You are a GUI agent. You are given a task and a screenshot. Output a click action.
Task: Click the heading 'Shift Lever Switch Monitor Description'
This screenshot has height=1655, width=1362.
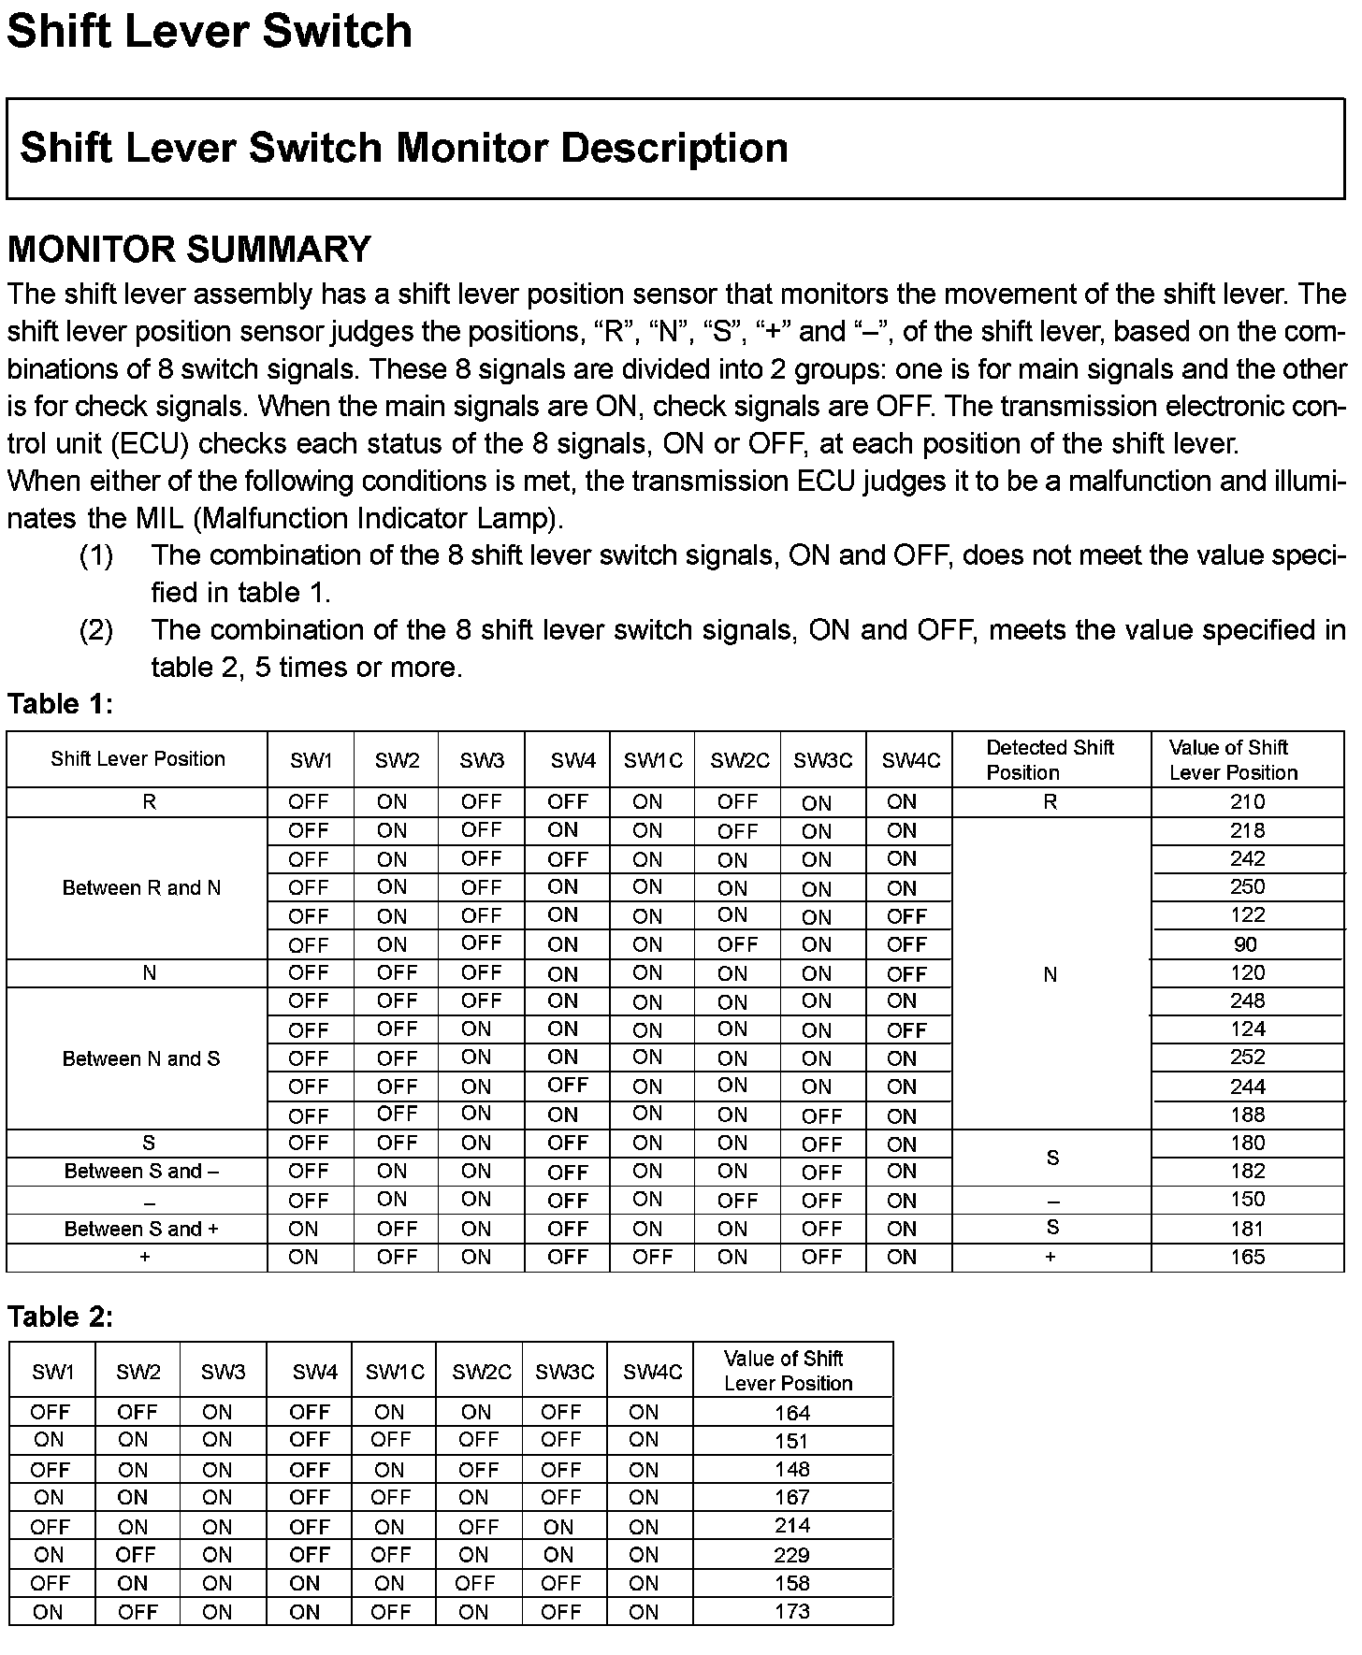pos(403,148)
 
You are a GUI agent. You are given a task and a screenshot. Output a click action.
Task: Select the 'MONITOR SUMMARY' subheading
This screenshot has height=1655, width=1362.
pos(189,250)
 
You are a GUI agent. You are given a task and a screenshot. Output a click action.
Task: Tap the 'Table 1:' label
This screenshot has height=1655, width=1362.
pos(60,704)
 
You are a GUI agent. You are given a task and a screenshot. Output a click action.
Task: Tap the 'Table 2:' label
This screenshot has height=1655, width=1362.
pos(60,1317)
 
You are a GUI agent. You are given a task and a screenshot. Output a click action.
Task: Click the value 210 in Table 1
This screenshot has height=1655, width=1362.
pos(1247,802)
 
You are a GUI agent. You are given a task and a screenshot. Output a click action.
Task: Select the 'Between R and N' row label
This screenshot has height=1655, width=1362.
pos(141,887)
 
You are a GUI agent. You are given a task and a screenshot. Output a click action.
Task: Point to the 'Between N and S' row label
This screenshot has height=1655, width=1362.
pos(141,1058)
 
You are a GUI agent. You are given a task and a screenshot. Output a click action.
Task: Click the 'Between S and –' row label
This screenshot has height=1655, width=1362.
pos(141,1172)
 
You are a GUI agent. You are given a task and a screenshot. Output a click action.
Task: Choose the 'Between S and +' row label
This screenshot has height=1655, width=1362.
pos(141,1229)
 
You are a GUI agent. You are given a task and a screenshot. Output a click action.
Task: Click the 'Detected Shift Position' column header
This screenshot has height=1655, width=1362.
pos(1050,759)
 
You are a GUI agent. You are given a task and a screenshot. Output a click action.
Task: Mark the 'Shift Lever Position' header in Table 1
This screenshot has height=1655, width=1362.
pos(138,758)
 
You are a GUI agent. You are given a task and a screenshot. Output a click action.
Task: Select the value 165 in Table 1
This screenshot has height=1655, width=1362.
pos(1247,1257)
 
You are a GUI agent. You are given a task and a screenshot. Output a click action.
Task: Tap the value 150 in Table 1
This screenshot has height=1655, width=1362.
pos(1247,1200)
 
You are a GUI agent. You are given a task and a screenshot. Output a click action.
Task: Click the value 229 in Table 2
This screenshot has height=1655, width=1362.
pos(791,1555)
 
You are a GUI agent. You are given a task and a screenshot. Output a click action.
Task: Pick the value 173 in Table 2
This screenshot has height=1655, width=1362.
pos(791,1611)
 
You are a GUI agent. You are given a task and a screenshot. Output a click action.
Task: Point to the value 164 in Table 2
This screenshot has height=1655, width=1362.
pos(791,1413)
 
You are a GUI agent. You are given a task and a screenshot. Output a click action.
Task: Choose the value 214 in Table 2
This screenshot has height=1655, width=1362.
pos(791,1526)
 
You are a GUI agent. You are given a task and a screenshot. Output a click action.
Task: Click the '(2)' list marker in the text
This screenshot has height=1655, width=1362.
pos(96,630)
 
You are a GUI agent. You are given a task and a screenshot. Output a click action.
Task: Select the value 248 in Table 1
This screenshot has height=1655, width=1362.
pos(1247,1001)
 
